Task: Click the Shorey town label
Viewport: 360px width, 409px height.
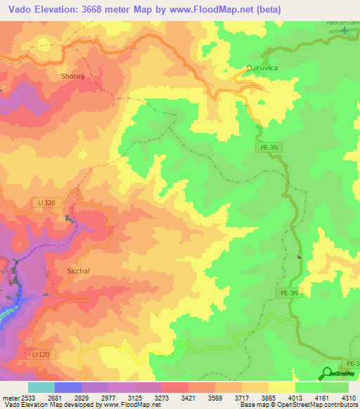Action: [72, 77]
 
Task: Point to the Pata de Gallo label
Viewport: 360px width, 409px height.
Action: [342, 22]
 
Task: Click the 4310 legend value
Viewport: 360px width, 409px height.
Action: [349, 396]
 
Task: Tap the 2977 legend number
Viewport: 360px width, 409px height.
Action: [109, 396]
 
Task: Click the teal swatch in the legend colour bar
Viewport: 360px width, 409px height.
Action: [41, 387]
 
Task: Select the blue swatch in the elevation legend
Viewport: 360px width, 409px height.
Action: [68, 387]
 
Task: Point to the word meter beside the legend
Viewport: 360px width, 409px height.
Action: [11, 396]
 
